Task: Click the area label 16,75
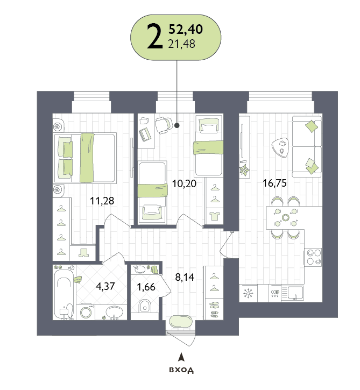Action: (274, 183)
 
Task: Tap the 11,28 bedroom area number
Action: (102, 201)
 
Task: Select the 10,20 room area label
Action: (185, 184)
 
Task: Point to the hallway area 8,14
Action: (185, 277)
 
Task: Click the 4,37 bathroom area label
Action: (105, 286)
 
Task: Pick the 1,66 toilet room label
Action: (146, 287)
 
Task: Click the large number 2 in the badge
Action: (155, 37)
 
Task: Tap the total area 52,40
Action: (186, 29)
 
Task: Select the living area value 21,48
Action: (182, 44)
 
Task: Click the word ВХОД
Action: (181, 370)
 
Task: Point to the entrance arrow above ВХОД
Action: (182, 357)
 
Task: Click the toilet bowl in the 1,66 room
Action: (145, 306)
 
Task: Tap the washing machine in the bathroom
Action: (86, 311)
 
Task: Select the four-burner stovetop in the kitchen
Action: (314, 257)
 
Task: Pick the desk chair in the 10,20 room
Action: (164, 125)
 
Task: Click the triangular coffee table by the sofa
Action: (280, 147)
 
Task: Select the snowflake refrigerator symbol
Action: (248, 293)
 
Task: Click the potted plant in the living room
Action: (244, 171)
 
